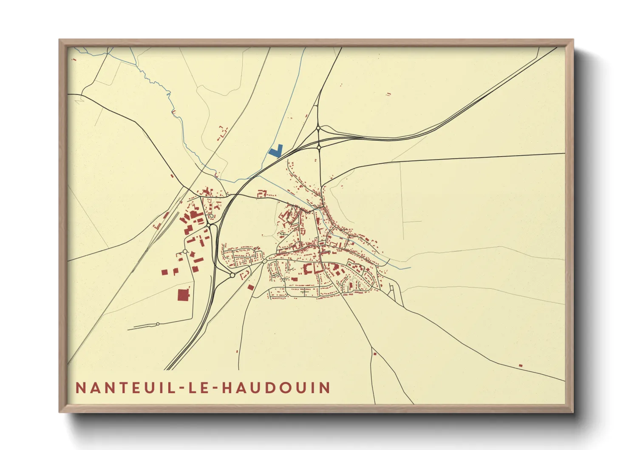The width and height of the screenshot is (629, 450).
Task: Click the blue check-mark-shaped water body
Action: pos(275,151)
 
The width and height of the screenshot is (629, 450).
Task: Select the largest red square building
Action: pos(183,295)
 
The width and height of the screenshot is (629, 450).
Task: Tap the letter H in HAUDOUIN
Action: pos(228,388)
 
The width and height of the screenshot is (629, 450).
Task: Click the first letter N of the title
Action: pos(80,388)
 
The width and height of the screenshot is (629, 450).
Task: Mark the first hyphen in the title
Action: pos(176,388)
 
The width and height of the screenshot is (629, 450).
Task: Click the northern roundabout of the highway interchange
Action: pos(318,128)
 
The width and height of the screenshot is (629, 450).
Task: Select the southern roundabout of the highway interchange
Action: pos(319,148)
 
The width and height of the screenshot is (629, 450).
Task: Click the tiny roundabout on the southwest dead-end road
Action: pos(158,324)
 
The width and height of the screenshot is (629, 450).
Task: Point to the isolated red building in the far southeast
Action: pos(521,365)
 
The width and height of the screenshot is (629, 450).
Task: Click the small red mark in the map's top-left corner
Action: pos(74,60)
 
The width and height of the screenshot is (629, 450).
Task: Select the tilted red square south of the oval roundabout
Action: pos(250,288)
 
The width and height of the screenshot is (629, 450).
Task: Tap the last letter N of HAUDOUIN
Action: pos(325,388)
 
